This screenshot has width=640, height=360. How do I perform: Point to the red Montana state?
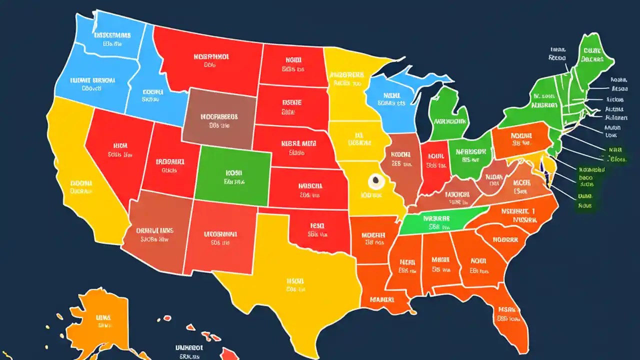click(210, 60)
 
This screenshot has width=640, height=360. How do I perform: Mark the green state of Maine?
click(592, 57)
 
